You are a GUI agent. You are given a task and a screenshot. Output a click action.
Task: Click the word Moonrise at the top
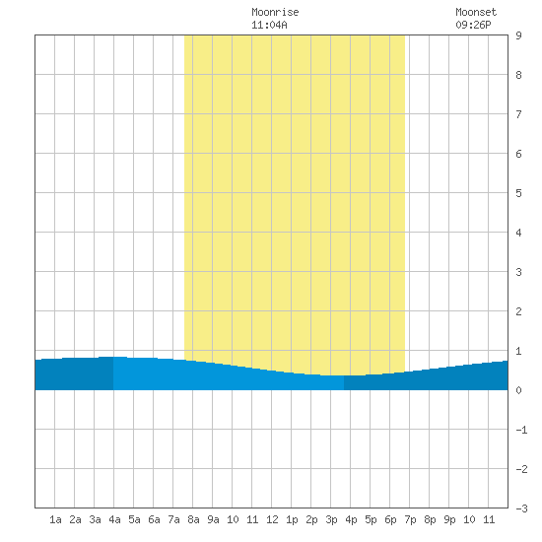click(x=275, y=12)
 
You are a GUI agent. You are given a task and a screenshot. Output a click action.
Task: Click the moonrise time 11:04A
click(x=269, y=25)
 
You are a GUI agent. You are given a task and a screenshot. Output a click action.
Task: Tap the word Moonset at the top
click(x=476, y=12)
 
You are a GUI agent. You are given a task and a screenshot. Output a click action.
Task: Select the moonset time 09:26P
click(x=473, y=25)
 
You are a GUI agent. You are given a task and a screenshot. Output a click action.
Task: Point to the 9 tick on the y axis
click(x=518, y=35)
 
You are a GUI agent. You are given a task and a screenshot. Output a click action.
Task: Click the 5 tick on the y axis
click(x=518, y=193)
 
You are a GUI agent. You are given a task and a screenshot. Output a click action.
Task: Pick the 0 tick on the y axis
click(x=518, y=390)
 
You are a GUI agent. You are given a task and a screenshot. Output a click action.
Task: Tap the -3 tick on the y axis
click(x=521, y=508)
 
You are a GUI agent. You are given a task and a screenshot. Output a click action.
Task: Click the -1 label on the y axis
click(x=521, y=430)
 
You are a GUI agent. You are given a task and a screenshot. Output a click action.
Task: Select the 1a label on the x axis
click(x=55, y=519)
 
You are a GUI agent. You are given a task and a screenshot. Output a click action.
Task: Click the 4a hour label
click(x=114, y=519)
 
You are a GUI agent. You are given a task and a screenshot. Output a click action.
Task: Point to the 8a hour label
click(x=193, y=519)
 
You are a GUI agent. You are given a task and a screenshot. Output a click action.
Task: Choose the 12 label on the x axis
click(x=272, y=519)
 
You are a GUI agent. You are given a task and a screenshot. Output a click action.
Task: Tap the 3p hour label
click(x=331, y=519)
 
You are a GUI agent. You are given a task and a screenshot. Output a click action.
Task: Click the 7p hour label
click(x=410, y=519)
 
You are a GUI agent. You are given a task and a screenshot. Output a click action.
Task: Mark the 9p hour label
click(x=449, y=519)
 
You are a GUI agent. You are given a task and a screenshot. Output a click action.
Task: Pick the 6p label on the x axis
click(x=390, y=519)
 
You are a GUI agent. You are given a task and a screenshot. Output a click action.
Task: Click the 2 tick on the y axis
click(x=518, y=311)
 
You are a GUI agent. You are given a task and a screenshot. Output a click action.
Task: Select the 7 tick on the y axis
click(x=518, y=114)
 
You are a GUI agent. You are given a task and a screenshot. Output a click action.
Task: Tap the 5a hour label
click(x=134, y=519)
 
